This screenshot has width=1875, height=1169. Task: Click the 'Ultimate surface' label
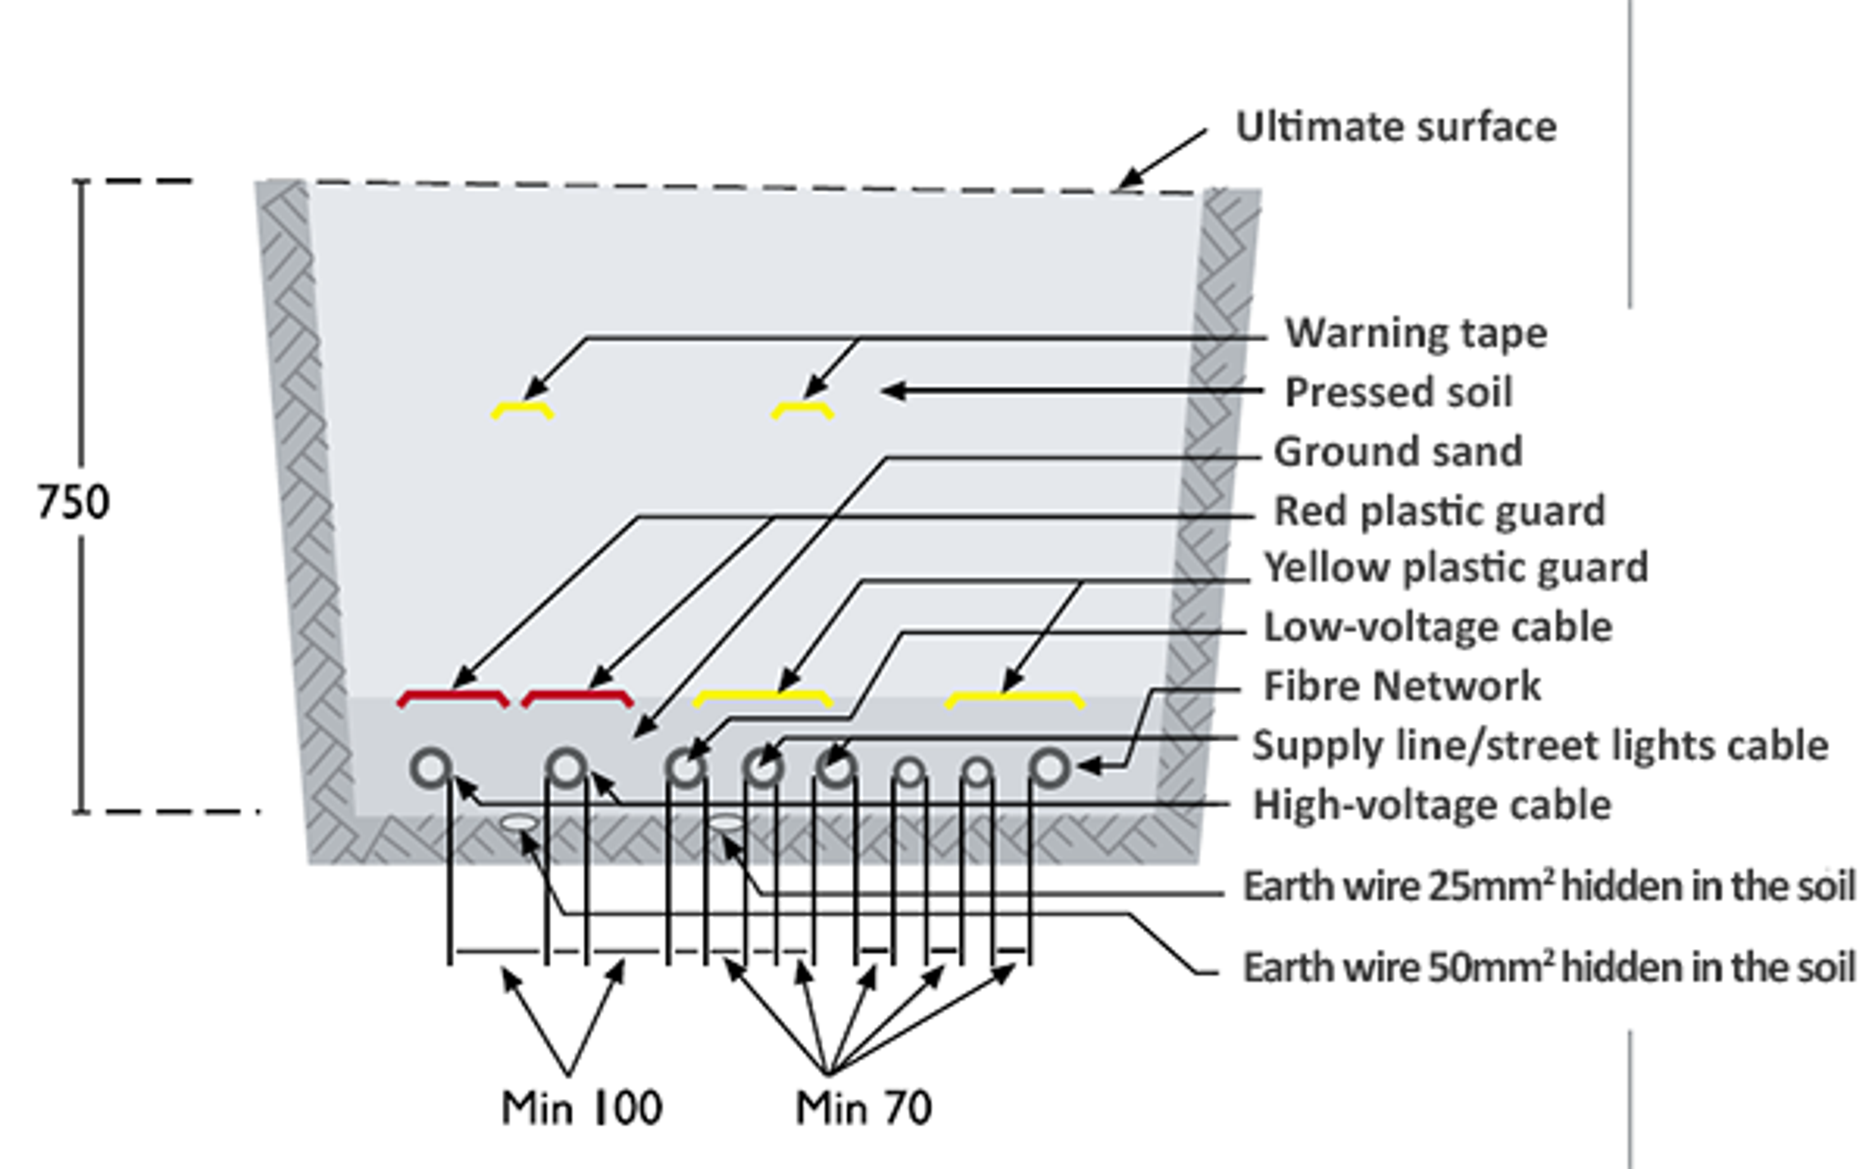click(1396, 127)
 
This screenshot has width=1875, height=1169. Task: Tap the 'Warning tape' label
click(1416, 334)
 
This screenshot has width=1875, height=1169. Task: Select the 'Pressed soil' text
click(1398, 392)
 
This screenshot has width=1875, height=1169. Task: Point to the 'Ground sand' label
click(1398, 452)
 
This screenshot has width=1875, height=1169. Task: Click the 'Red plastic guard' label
click(1439, 511)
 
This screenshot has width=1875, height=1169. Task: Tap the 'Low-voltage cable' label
click(1437, 627)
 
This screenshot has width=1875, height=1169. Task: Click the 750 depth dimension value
click(73, 502)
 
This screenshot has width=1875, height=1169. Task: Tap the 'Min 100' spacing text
click(581, 1108)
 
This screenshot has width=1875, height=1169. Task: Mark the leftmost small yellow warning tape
click(522, 409)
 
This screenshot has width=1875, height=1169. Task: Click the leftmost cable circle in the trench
click(431, 768)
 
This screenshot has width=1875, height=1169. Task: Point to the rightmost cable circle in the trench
click(1050, 768)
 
